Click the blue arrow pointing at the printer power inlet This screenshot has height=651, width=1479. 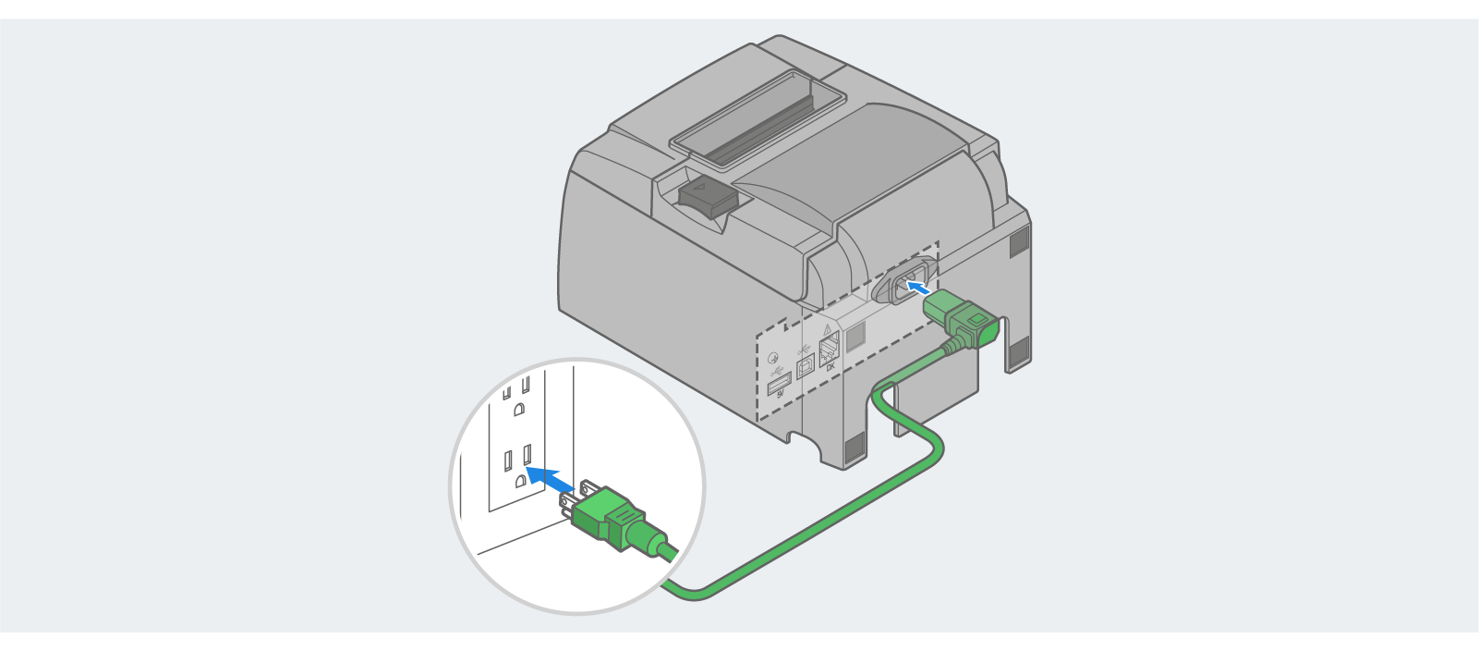pos(915,289)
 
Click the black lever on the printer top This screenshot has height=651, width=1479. pos(707,196)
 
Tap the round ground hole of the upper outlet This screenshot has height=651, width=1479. pos(519,408)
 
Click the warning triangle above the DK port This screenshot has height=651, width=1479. pos(827,329)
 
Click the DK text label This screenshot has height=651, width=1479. pos(830,367)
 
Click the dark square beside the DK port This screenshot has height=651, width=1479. pos(855,337)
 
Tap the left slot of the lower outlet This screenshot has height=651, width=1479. pos(508,460)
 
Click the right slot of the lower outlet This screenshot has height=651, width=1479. pos(527,454)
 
